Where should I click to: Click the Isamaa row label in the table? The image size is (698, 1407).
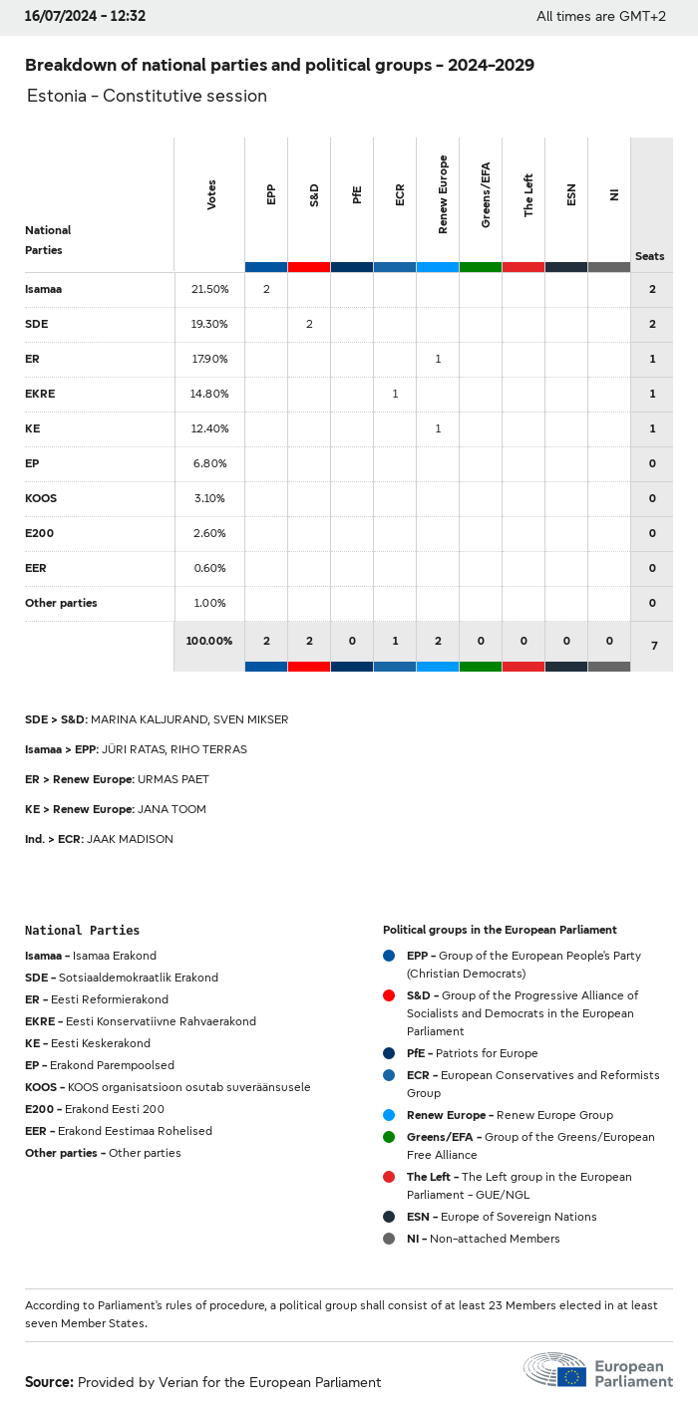coord(44,289)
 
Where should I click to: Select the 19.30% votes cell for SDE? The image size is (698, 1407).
coord(209,324)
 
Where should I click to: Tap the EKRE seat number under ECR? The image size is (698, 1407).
coord(395,394)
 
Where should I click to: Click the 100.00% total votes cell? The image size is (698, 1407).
coord(208,640)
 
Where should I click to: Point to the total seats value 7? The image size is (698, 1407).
coord(654,646)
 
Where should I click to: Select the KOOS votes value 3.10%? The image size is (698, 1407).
coord(209,498)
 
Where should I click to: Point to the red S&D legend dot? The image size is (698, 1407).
coord(389,995)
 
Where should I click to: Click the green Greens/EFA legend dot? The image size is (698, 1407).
coord(389,1137)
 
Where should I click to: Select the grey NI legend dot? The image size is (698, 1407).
coord(389,1239)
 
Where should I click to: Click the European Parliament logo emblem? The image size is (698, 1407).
coord(556,1370)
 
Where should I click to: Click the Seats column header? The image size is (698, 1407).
coord(649,256)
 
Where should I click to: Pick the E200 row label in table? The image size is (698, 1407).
coord(40,533)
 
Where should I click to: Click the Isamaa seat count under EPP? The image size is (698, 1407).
coord(266,289)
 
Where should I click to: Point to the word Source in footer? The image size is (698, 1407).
coord(49,1382)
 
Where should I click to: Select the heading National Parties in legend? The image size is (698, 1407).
coord(82,930)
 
